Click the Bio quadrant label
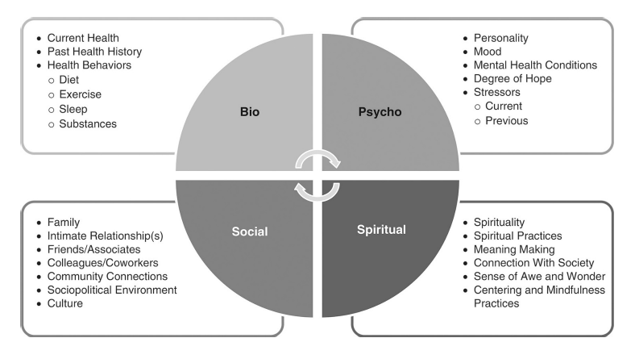coord(250,112)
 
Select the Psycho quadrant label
coord(380,112)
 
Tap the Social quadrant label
coord(250,232)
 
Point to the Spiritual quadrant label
coord(381,230)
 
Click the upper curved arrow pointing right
coord(317,152)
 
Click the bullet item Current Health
coord(83,38)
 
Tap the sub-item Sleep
coord(73,109)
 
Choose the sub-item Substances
coord(88,123)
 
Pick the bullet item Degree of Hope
coord(513,79)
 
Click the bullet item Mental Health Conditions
coord(535,65)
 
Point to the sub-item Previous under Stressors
coord(506,121)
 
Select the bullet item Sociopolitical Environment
coord(112,290)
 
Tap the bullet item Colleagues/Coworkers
coord(102,263)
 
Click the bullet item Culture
coord(64,303)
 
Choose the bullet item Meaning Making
coord(514,249)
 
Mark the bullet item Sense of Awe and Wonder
coord(539,276)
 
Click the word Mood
coord(488,52)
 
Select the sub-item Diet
coord(68,80)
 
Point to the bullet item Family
coord(63,223)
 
